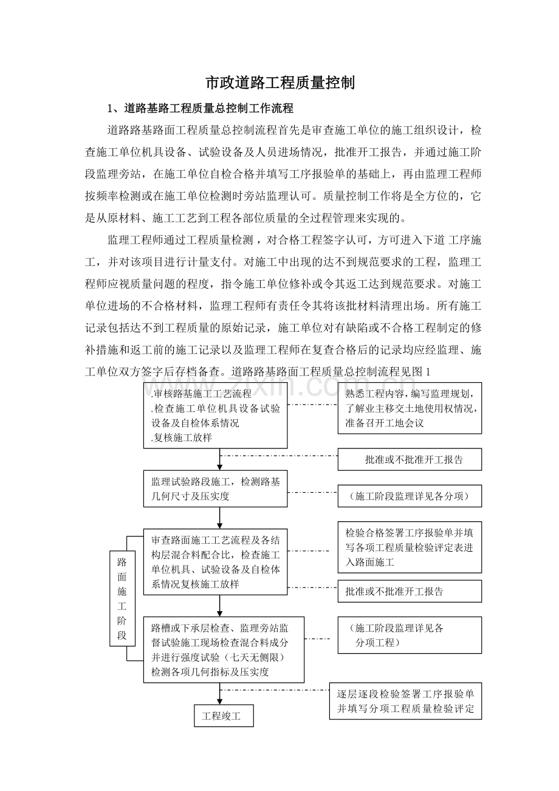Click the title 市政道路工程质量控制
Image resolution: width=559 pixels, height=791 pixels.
(x=279, y=83)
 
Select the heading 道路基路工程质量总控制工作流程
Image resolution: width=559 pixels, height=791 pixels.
(x=209, y=109)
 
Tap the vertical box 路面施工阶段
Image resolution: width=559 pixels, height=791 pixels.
(x=122, y=598)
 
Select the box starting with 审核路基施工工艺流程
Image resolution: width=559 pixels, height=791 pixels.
(x=215, y=416)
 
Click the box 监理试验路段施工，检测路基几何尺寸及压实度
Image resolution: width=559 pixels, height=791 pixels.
(x=215, y=488)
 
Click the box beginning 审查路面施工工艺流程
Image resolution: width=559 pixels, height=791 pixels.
(x=215, y=562)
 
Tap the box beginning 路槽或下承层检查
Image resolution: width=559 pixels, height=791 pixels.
(x=224, y=649)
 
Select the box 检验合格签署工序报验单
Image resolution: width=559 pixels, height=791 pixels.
(x=410, y=547)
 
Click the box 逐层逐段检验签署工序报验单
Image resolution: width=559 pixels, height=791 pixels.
(x=405, y=701)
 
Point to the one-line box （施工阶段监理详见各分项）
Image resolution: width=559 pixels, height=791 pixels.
(x=410, y=496)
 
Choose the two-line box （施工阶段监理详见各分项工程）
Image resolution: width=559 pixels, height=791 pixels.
(x=410, y=635)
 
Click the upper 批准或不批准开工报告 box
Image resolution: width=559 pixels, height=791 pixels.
(x=410, y=460)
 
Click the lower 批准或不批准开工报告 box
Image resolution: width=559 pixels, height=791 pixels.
(x=410, y=591)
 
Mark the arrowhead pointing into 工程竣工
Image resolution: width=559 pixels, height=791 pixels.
(x=220, y=700)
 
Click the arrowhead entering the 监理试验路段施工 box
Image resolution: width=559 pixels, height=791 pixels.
(x=220, y=466)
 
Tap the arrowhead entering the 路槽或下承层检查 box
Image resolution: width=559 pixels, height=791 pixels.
(x=220, y=612)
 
